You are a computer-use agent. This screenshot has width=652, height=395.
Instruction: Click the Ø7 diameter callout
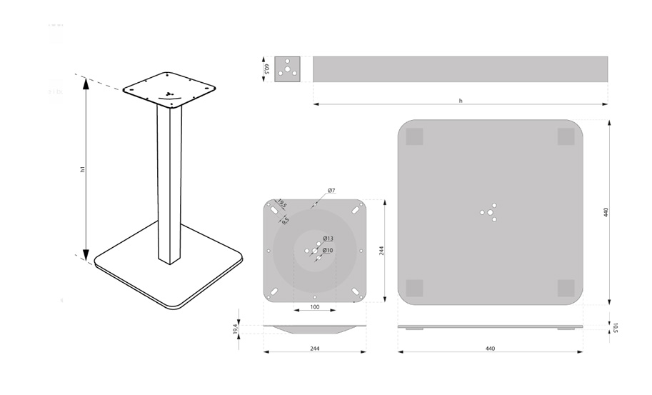[331, 191]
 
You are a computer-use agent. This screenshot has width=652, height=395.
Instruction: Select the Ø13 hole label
[328, 239]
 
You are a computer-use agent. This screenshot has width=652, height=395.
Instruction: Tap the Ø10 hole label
[328, 250]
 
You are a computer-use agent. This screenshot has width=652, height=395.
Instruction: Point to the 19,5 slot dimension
[282, 204]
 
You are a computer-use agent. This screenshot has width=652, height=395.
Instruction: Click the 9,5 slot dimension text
[285, 221]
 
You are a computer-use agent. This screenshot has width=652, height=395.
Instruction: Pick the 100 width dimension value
[315, 307]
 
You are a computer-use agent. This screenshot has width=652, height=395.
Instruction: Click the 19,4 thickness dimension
[236, 329]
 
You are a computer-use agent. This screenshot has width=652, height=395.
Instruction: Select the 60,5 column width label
[266, 69]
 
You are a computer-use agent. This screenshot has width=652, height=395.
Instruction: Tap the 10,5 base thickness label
[616, 327]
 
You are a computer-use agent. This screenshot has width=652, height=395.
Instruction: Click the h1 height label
[83, 169]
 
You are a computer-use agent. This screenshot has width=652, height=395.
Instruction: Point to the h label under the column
[461, 101]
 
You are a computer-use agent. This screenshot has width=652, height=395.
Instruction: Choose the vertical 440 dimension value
[606, 212]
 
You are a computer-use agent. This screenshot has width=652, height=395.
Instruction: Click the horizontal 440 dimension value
[490, 349]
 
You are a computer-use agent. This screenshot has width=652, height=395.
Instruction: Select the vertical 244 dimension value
[381, 251]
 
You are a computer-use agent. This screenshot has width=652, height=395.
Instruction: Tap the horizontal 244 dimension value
[315, 349]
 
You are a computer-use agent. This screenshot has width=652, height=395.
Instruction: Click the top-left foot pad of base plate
[415, 137]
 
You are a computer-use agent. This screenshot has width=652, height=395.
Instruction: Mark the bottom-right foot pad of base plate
[566, 288]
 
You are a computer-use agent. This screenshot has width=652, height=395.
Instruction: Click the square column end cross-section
[287, 69]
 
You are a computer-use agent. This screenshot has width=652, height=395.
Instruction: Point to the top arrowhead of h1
[86, 84]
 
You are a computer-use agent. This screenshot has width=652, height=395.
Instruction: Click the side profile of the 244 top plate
[315, 329]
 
